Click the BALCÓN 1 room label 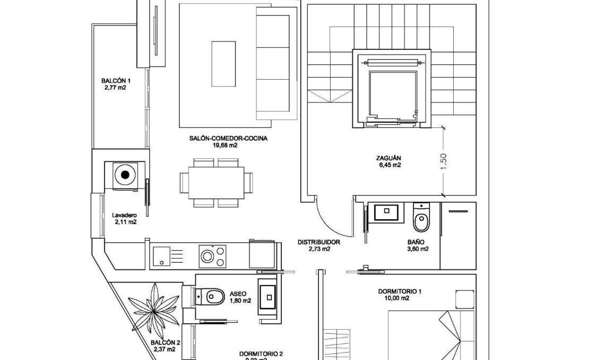[116, 81]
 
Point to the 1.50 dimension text [444, 159]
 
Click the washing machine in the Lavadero [125, 174]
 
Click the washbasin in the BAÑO [386, 212]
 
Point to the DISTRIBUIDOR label [318, 242]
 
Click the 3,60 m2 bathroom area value [418, 248]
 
